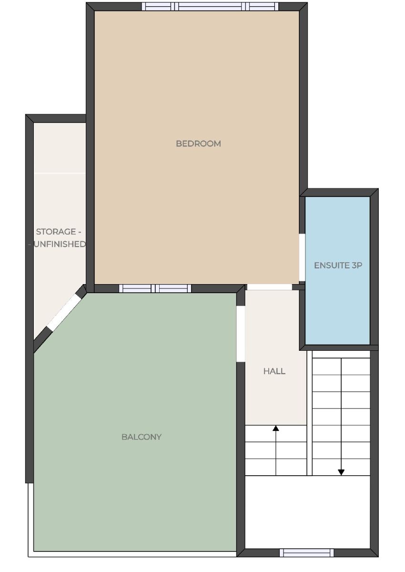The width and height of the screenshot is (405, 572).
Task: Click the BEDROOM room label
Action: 198,144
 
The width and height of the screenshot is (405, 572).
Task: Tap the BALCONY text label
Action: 142,437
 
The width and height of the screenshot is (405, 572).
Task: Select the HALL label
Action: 274,371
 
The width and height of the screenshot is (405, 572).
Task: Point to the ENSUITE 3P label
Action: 338,266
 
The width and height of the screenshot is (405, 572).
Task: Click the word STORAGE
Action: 56,232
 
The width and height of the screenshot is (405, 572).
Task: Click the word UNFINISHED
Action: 60,244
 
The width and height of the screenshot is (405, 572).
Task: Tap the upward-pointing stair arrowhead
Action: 275,428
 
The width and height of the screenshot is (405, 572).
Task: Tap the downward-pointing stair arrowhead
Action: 341,472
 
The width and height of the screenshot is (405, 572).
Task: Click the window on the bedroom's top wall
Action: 210,6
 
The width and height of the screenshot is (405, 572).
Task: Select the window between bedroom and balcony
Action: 155,288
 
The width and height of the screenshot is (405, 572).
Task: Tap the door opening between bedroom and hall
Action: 270,287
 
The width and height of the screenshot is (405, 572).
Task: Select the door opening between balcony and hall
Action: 241,334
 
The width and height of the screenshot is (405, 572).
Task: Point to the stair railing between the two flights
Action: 309,413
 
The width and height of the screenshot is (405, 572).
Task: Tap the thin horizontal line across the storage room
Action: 60,173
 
